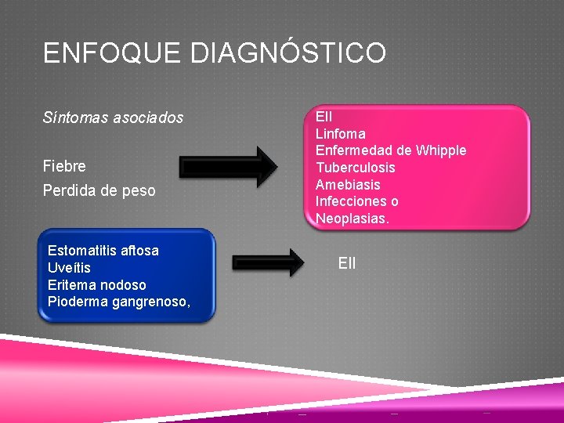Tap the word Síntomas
coord(70,118)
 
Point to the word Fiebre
coord(65,167)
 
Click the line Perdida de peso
coord(99,191)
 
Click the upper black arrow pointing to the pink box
coord(228,166)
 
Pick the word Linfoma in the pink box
coord(340,134)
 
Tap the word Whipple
coord(442,150)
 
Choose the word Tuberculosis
coord(355,168)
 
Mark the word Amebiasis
coord(348,185)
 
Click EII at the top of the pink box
coord(324,117)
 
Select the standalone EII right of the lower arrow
coord(347,263)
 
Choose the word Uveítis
coord(70,268)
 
